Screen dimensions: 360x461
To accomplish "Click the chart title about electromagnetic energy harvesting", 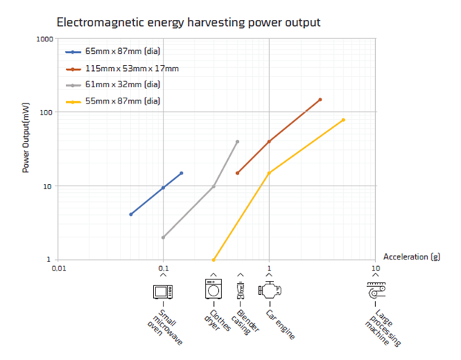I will point(188,21).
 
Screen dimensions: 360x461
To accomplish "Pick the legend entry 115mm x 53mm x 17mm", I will point(132,69).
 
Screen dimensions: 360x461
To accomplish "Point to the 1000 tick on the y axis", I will point(44,38).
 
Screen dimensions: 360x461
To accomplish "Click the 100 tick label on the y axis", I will point(47,112).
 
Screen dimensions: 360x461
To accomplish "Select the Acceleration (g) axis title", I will point(407,257).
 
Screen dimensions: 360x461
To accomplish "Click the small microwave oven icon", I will point(162,291).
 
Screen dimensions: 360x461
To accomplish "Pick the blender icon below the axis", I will point(240,290).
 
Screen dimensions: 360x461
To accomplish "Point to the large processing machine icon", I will point(376,290).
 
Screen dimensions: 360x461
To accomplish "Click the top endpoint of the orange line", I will point(320,100).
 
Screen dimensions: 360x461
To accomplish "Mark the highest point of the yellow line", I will point(343,120).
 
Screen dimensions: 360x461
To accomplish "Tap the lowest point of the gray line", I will point(163,237).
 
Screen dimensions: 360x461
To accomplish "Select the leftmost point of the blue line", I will point(131,214).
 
